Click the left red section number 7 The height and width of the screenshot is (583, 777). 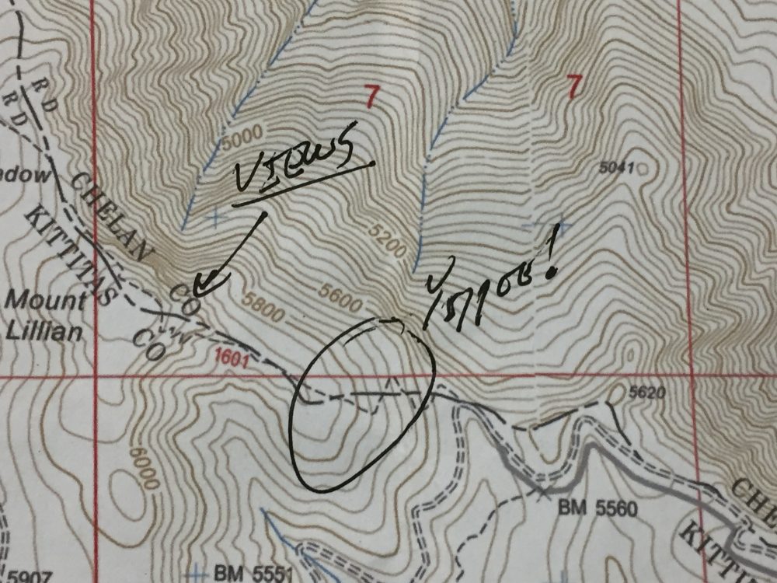pos(371,97)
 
